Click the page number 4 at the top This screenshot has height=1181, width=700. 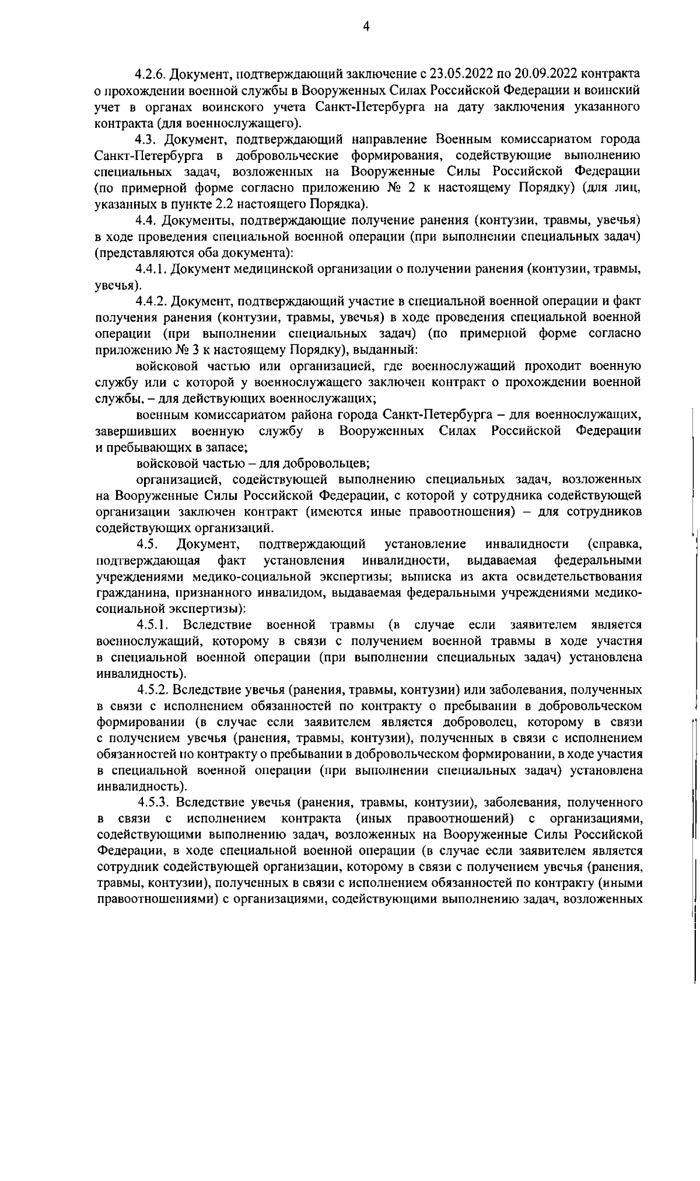pos(365,26)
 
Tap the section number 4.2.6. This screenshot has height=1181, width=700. pos(150,75)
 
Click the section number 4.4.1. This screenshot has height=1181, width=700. pos(152,270)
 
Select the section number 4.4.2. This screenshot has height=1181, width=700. pos(152,301)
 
